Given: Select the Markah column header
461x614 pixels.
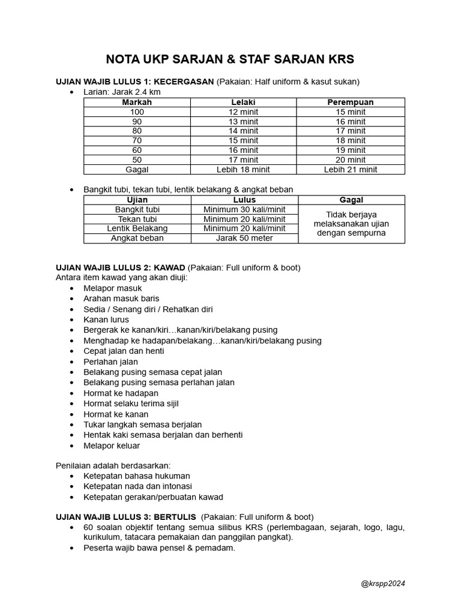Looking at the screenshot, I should click(137, 103).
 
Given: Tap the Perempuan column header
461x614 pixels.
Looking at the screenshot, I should click(351, 103).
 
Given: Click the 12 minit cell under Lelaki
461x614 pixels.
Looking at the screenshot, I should click(244, 112).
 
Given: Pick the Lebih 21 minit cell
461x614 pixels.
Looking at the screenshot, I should click(351, 170).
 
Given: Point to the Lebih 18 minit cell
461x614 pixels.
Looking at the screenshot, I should click(244, 170).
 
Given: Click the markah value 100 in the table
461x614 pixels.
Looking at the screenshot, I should click(137, 112).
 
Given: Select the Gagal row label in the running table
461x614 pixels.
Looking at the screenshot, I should click(137, 170).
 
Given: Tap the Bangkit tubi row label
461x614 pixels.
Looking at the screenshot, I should click(137, 209).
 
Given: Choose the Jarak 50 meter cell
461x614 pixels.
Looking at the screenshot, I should click(244, 238).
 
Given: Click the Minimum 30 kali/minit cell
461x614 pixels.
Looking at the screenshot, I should click(244, 209).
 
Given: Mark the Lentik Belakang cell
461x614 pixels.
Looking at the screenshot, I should click(137, 228).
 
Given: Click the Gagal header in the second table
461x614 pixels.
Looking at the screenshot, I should click(351, 200).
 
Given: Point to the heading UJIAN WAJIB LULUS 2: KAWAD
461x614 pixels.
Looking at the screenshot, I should click(121, 267).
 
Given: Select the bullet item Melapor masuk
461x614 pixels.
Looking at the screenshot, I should click(113, 288).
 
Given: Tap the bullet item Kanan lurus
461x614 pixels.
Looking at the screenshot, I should click(106, 320).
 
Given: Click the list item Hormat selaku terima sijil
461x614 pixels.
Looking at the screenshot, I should click(131, 404).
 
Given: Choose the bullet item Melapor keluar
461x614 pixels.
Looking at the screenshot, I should click(112, 446).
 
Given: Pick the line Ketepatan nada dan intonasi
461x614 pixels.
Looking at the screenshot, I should click(137, 486).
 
